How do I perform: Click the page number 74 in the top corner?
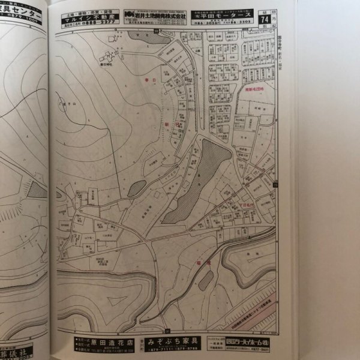[x=265, y=19]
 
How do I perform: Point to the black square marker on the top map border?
[x=155, y=31]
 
